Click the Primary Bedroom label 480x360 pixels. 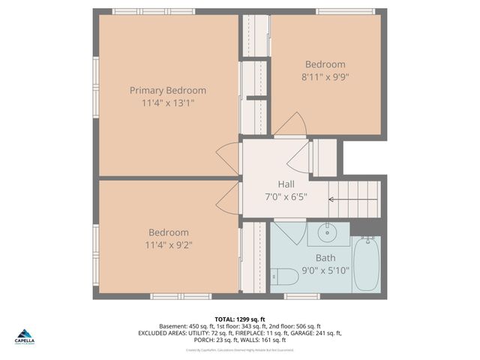(168, 91)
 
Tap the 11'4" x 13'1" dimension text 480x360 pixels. (168, 103)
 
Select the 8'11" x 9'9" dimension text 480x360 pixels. (325, 76)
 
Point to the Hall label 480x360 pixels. (286, 184)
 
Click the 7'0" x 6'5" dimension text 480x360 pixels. (286, 196)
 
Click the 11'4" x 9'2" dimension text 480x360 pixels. (168, 245)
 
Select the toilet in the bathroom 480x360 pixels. (284, 277)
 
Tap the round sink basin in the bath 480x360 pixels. (328, 232)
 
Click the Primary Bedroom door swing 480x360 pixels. (228, 158)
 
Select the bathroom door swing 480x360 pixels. (287, 232)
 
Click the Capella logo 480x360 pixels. (25, 337)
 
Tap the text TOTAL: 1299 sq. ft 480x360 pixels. (239, 319)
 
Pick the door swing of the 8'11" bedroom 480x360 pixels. (290, 125)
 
